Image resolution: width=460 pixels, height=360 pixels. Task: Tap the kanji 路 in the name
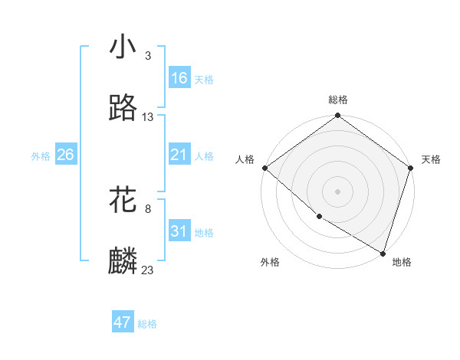pos(123,108)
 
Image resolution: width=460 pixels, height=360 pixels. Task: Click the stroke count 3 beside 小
pos(147,56)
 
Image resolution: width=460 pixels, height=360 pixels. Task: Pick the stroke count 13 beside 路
pos(148,117)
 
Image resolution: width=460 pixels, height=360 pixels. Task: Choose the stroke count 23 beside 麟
pos(148,270)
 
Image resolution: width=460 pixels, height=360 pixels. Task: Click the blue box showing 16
pos(179,78)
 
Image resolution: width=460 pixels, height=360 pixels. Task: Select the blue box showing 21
pos(179,155)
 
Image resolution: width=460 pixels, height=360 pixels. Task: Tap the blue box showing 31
pos(179,231)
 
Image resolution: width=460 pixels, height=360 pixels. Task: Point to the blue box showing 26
pos(66,155)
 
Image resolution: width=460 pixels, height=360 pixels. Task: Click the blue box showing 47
pos(123,322)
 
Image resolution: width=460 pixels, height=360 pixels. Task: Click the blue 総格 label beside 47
pos(147,324)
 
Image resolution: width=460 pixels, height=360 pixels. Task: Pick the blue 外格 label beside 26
pos(41,156)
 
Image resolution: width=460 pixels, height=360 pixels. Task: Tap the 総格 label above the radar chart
pos(338,100)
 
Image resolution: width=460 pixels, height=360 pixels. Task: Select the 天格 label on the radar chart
pos(431,159)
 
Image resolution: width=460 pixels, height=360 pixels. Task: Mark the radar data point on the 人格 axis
pos(264,168)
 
